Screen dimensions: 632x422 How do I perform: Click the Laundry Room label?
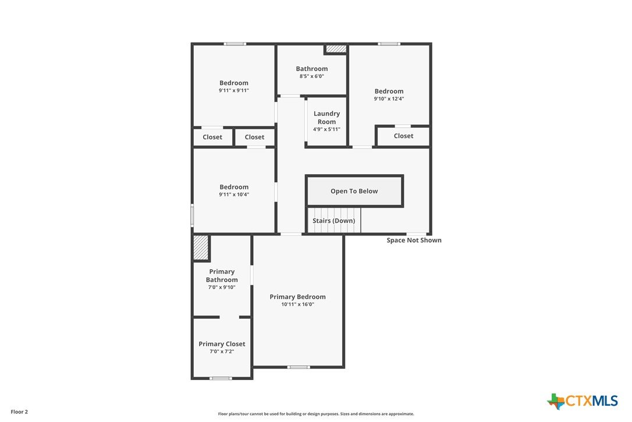click(x=326, y=118)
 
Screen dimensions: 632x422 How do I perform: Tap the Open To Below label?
click(x=354, y=191)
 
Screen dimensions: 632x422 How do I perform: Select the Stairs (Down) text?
click(x=333, y=220)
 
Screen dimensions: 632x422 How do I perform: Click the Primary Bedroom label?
click(x=297, y=297)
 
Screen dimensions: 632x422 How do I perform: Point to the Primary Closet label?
click(x=222, y=344)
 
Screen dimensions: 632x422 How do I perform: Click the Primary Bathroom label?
click(x=222, y=276)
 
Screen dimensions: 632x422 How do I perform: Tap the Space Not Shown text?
click(x=414, y=240)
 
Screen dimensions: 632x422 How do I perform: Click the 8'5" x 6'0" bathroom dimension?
click(x=311, y=76)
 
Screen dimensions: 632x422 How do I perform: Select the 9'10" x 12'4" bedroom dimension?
click(x=389, y=99)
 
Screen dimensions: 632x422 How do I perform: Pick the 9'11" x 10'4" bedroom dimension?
click(x=234, y=194)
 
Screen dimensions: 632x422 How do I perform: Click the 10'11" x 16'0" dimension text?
click(x=297, y=304)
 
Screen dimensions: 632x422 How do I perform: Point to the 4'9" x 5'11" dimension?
click(x=326, y=129)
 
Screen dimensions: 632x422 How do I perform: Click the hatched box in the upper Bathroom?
click(x=336, y=49)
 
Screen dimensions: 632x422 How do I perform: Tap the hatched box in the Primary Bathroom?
click(x=200, y=248)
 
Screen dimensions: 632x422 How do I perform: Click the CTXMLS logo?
click(x=583, y=401)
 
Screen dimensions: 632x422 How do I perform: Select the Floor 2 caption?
click(x=19, y=412)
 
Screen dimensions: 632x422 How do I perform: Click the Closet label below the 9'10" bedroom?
click(x=403, y=136)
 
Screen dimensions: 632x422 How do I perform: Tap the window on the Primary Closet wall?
click(x=221, y=378)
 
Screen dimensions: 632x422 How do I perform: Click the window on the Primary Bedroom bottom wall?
click(x=299, y=367)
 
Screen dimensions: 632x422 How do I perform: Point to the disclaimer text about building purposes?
click(x=316, y=414)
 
